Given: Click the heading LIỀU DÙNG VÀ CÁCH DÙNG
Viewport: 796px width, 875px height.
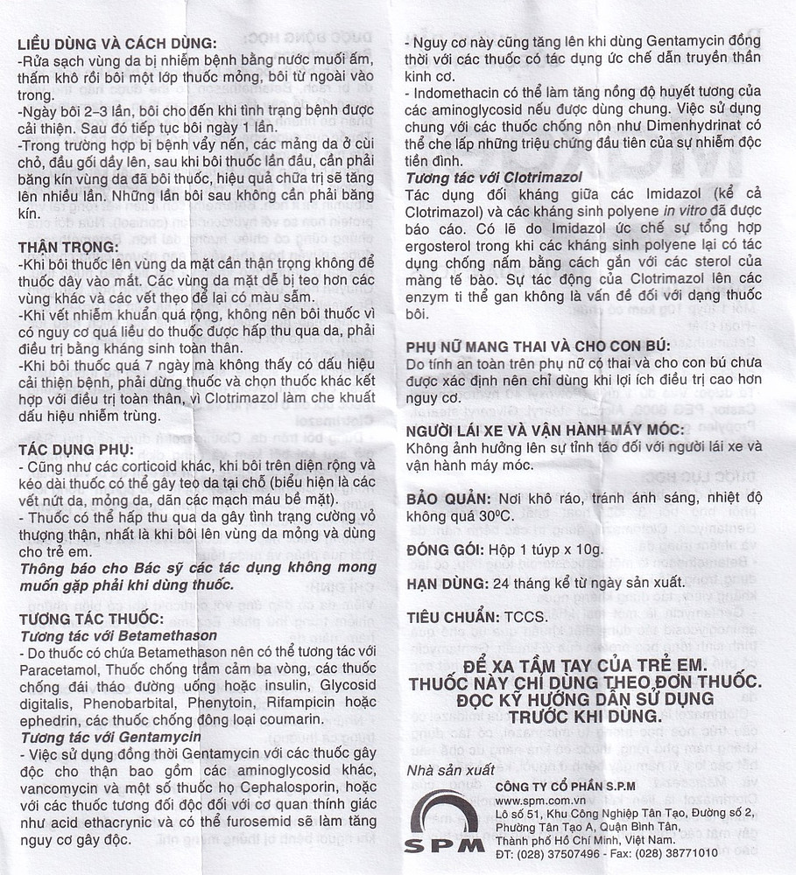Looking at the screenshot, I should click(117, 44).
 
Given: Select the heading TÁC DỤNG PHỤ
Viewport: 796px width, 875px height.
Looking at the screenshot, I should click(72, 449).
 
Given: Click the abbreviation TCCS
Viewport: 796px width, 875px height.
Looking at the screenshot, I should click(526, 616).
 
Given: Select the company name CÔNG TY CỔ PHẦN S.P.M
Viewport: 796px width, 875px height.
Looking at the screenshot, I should click(570, 786).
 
